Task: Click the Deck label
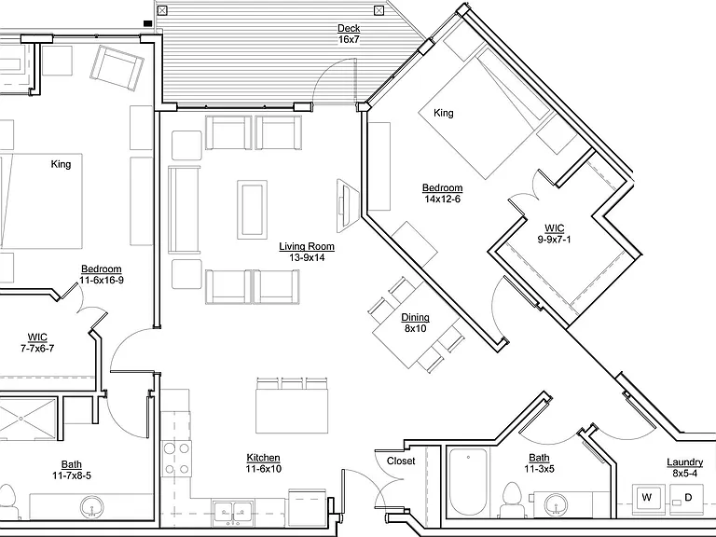[x=349, y=28]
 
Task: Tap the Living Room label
[x=307, y=246]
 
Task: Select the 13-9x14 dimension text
[x=307, y=257]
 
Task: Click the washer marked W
[x=647, y=497]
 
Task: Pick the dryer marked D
[x=687, y=497]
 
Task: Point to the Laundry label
[x=684, y=462]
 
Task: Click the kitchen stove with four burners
[x=177, y=458]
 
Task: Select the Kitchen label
[x=264, y=458]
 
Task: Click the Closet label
[x=401, y=461]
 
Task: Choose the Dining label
[x=415, y=317]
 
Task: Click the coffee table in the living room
[x=252, y=209]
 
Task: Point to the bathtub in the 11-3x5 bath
[x=468, y=483]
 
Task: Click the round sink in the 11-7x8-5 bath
[x=91, y=507]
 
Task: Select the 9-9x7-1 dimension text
[x=554, y=240]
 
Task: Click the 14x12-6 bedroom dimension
[x=442, y=200]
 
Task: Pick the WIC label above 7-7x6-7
[x=37, y=337]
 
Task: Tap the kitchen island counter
[x=292, y=411]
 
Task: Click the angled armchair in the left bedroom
[x=117, y=67]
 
